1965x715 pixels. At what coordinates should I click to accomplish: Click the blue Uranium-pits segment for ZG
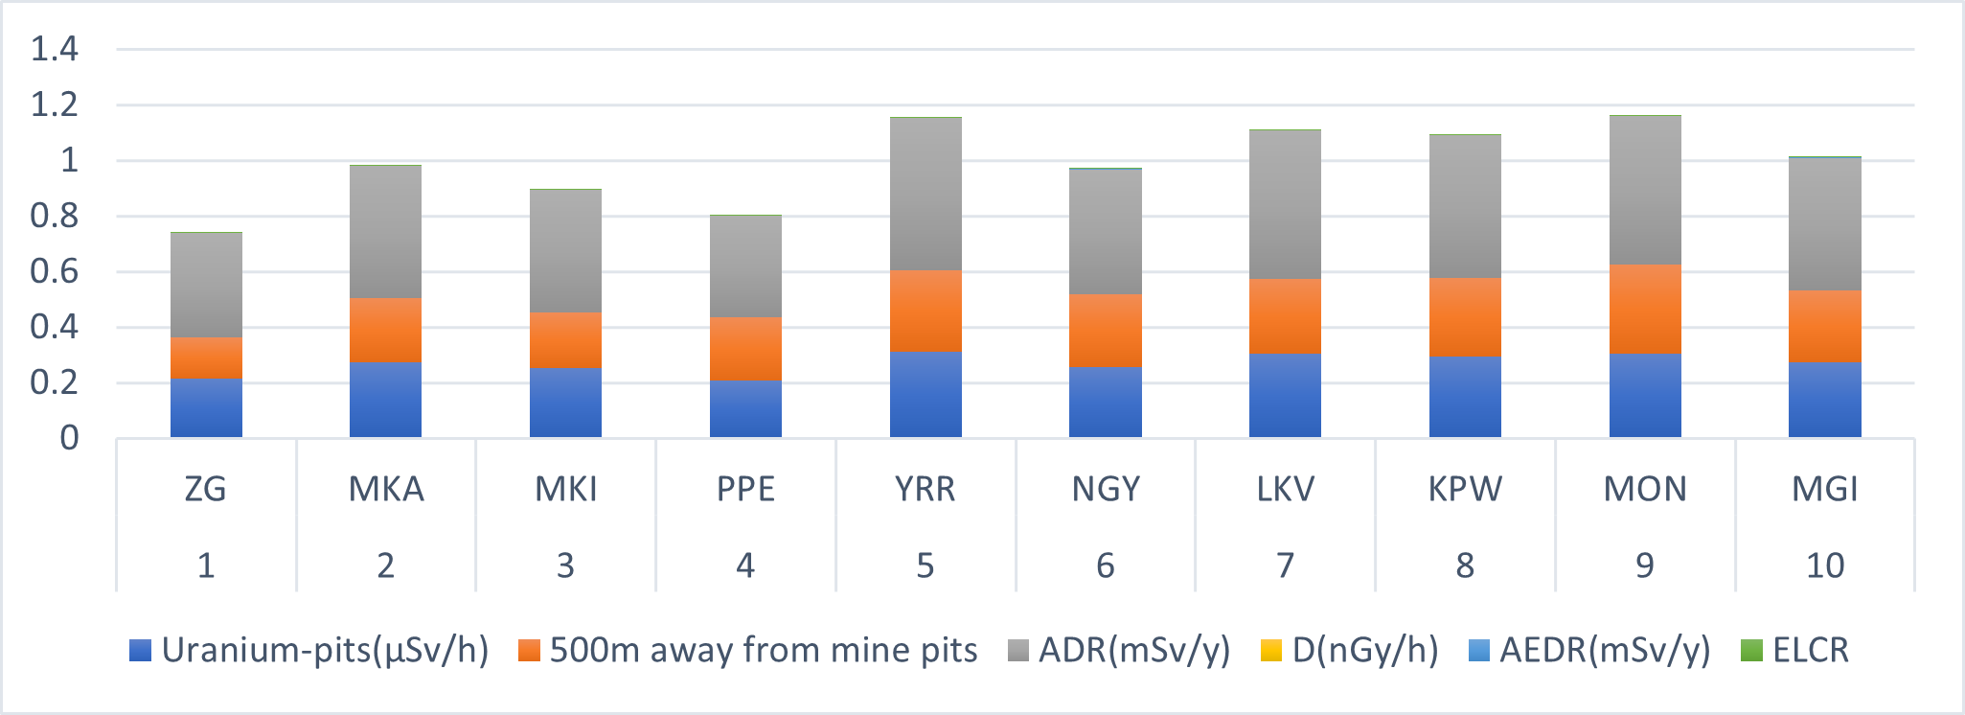click(x=206, y=408)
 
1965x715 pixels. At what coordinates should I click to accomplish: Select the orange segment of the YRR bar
click(x=925, y=311)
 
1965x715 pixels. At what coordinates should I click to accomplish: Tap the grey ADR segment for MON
click(x=1645, y=190)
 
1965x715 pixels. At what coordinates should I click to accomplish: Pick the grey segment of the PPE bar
click(x=745, y=266)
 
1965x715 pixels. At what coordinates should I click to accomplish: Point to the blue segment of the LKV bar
click(x=1285, y=396)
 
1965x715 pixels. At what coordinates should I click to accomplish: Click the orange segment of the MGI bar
click(x=1824, y=326)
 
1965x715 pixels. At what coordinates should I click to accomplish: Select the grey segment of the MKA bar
click(x=385, y=232)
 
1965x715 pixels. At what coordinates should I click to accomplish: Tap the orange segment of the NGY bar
click(x=1106, y=331)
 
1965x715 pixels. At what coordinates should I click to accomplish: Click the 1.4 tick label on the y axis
click(x=55, y=49)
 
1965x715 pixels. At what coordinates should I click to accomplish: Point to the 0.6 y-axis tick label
click(x=55, y=271)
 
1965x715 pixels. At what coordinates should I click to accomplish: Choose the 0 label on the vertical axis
click(x=69, y=438)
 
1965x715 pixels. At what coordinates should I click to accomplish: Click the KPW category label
click(x=1465, y=490)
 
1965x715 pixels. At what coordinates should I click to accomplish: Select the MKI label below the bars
click(x=565, y=490)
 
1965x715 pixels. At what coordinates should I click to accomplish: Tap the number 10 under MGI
click(x=1824, y=565)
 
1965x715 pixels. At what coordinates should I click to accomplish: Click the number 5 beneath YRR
click(x=925, y=565)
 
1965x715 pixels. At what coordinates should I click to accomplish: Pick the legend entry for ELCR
click(x=1809, y=650)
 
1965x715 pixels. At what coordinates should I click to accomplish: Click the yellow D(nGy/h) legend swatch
click(x=1270, y=651)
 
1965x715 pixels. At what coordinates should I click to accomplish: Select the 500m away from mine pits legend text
click(x=763, y=650)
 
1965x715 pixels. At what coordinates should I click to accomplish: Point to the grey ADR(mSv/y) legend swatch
click(x=1018, y=651)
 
